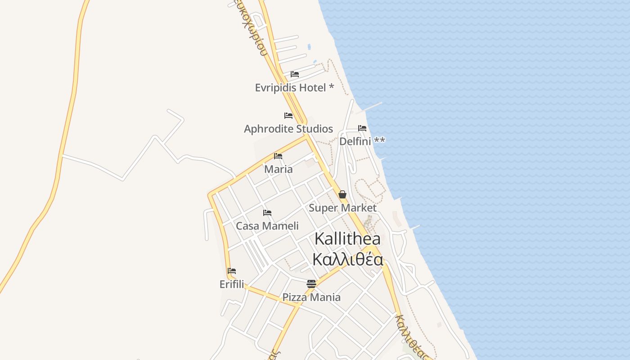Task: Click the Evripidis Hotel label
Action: pyautogui.click(x=294, y=87)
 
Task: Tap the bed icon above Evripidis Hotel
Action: pyautogui.click(x=295, y=74)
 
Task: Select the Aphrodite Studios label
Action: pyautogui.click(x=288, y=129)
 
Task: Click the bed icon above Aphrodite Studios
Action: pyautogui.click(x=288, y=116)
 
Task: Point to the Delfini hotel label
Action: pyautogui.click(x=362, y=141)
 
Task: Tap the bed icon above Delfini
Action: pyautogui.click(x=362, y=128)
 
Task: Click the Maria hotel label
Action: pyautogui.click(x=279, y=169)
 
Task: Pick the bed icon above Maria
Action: pyautogui.click(x=278, y=156)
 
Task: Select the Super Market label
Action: pyautogui.click(x=342, y=208)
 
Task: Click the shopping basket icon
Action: pyautogui.click(x=342, y=194)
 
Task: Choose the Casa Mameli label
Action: pyautogui.click(x=267, y=226)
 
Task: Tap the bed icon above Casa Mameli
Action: pyautogui.click(x=267, y=212)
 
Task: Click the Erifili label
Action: pyautogui.click(x=232, y=284)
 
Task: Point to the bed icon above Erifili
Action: pyautogui.click(x=232, y=271)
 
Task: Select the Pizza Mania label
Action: pyautogui.click(x=311, y=297)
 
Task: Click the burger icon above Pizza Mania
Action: pyautogui.click(x=311, y=283)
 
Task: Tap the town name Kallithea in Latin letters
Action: pyautogui.click(x=347, y=238)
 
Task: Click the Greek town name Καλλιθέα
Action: pyautogui.click(x=347, y=260)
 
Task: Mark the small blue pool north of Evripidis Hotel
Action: pyautogui.click(x=309, y=46)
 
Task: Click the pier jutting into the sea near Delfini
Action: pyautogui.click(x=372, y=108)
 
